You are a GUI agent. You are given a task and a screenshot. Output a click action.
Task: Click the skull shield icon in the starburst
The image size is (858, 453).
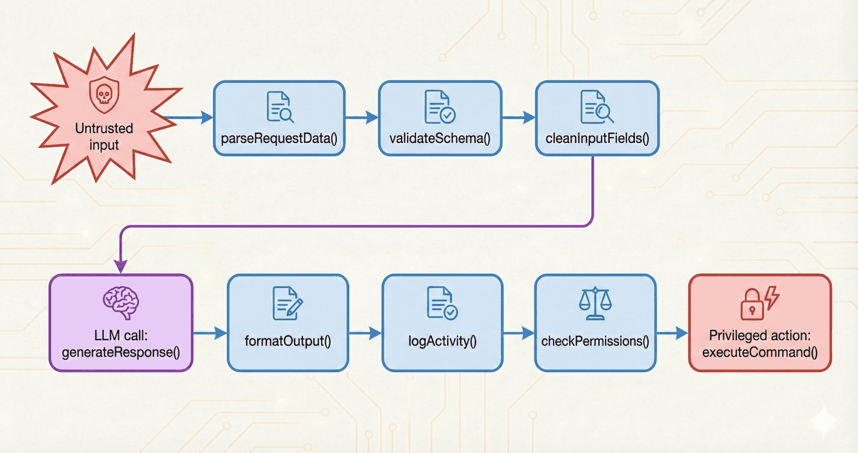pyautogui.click(x=104, y=94)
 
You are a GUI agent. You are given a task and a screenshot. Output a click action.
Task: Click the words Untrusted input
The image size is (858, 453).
pyautogui.click(x=104, y=136)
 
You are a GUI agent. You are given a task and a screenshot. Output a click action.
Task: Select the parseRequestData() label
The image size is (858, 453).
pyautogui.click(x=279, y=138)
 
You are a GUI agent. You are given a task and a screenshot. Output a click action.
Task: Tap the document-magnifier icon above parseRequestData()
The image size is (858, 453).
pyautogui.click(x=280, y=107)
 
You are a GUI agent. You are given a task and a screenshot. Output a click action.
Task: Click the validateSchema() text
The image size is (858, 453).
pyautogui.click(x=440, y=138)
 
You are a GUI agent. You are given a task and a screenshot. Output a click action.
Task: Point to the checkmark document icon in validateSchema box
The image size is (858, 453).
pyautogui.click(x=440, y=107)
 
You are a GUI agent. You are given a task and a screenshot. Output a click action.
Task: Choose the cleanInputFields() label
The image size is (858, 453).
pyautogui.click(x=597, y=138)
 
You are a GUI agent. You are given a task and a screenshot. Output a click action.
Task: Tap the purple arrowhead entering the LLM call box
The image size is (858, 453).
pyautogui.click(x=121, y=266)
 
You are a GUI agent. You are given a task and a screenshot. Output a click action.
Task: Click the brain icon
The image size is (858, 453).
pyautogui.click(x=121, y=303)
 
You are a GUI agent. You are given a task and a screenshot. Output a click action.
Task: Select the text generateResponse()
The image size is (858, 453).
pyautogui.click(x=121, y=352)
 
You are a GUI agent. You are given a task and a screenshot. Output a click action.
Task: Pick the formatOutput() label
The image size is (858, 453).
pyautogui.click(x=288, y=341)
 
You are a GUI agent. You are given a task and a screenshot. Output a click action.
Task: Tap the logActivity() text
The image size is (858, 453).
pyautogui.click(x=442, y=341)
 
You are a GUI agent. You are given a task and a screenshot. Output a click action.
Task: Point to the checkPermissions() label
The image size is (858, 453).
pyautogui.click(x=595, y=341)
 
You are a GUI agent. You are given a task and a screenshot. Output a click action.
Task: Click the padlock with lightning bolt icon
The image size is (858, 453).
pyautogui.click(x=760, y=303)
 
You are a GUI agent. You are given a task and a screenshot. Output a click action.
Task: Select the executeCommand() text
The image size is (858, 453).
pyautogui.click(x=760, y=352)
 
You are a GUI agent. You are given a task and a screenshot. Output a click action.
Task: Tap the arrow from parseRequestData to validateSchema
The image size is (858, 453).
pyautogui.click(x=362, y=118)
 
